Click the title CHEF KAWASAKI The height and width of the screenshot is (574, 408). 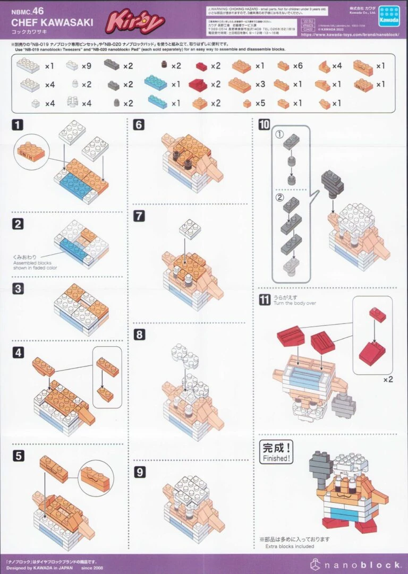click(52, 22)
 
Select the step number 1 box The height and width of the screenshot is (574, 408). click(18, 125)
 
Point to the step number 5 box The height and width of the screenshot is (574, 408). click(18, 455)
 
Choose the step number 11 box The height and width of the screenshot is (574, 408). click(264, 300)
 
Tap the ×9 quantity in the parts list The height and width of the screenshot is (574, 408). click(87, 66)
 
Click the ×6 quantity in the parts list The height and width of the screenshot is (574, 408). click(297, 66)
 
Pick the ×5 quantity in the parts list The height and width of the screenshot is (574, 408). click(259, 104)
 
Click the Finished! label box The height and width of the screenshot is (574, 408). click(276, 452)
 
